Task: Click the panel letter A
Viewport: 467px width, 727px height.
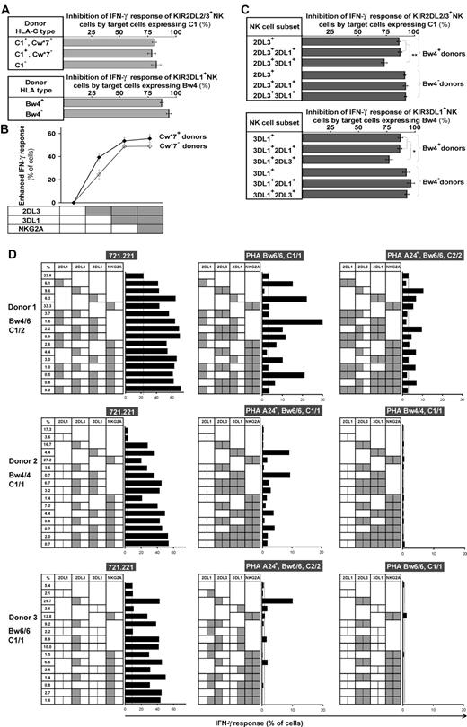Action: (6, 7)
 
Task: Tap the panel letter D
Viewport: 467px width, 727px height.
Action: (7, 253)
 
